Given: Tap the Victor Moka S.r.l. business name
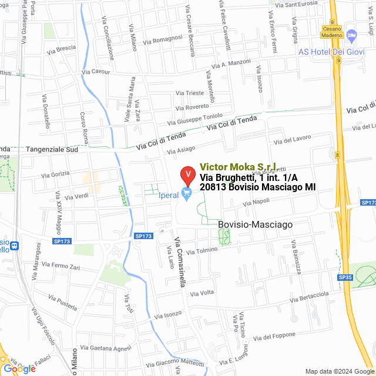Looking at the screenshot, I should click(x=239, y=167).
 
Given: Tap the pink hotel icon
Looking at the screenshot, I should click(x=352, y=37).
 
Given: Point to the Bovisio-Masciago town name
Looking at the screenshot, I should click(x=254, y=224).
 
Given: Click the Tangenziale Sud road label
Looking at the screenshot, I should click(x=52, y=150).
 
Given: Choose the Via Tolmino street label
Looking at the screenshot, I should click(x=203, y=250).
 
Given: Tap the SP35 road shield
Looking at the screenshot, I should click(x=344, y=277).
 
